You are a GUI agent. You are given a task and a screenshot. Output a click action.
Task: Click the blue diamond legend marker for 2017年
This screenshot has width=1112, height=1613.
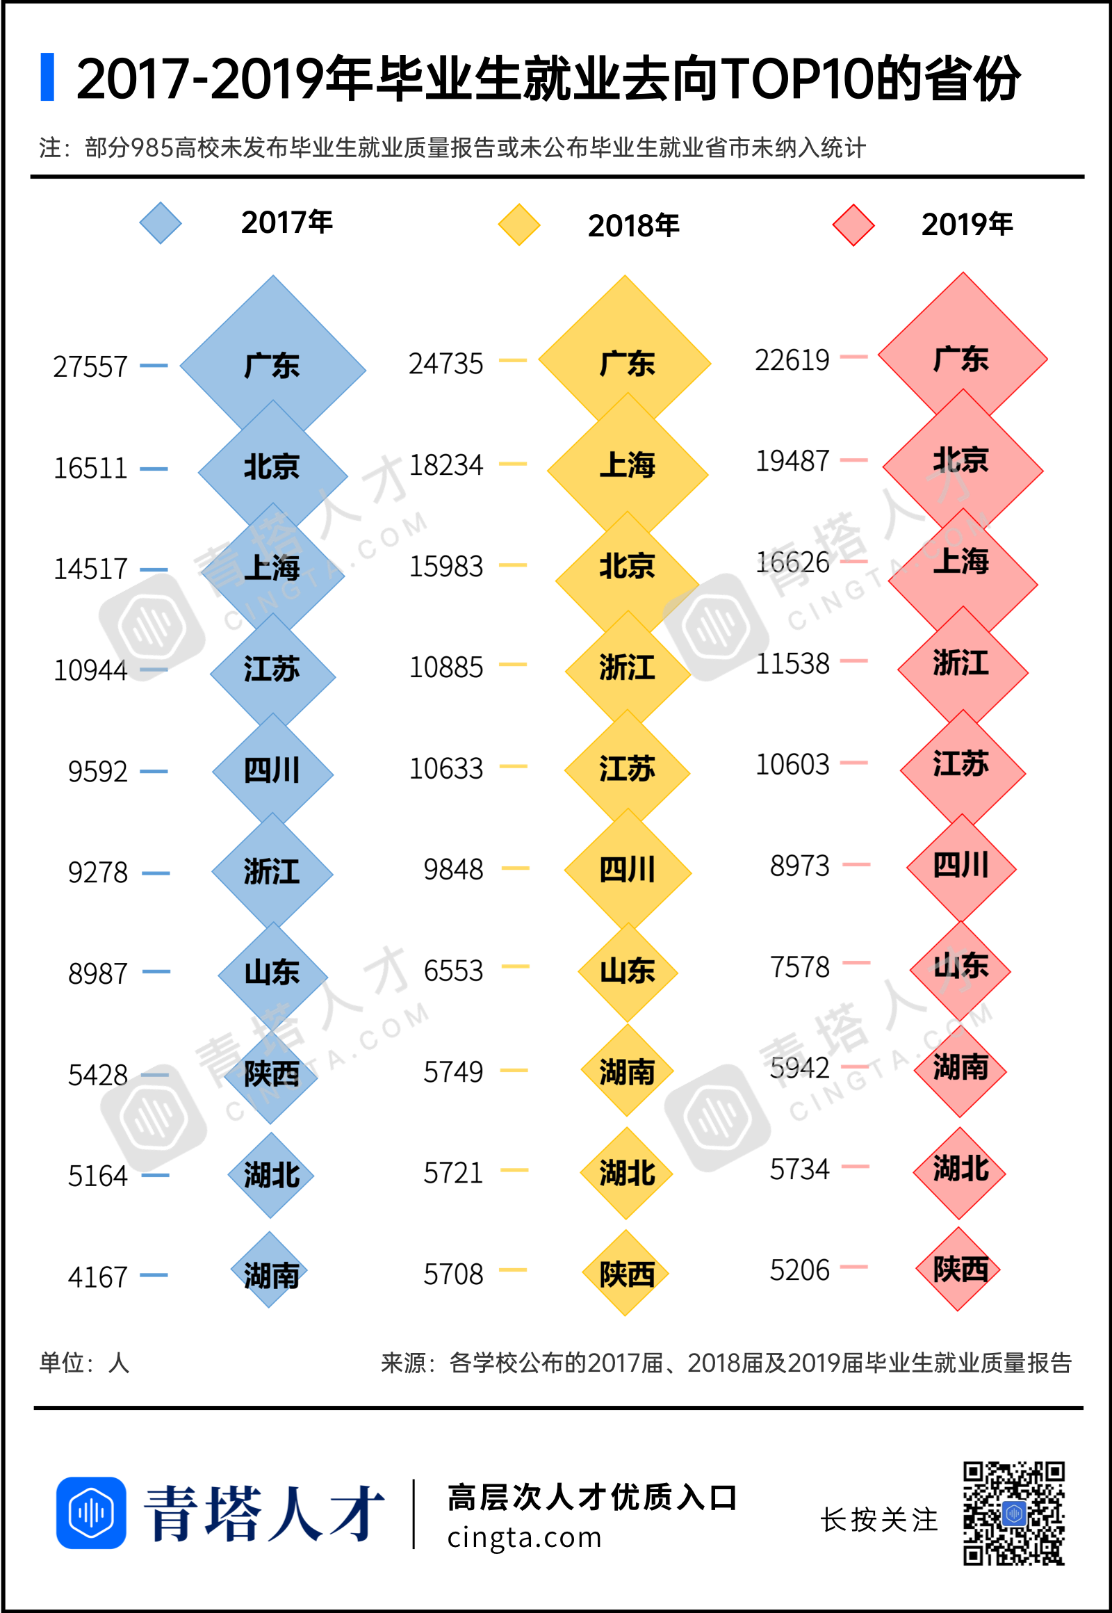161,223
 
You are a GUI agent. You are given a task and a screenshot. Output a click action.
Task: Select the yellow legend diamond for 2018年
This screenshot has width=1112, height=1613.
519,225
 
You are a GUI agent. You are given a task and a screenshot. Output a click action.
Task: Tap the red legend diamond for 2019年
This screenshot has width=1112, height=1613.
853,225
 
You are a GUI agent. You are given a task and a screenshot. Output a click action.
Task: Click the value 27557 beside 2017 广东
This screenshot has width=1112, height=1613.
90,366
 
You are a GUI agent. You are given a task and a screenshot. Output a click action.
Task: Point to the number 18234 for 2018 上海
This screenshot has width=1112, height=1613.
446,465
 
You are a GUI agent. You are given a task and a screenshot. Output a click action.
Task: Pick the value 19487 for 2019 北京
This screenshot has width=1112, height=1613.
792,461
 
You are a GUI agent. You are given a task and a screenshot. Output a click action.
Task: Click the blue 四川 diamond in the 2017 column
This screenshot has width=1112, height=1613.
272,772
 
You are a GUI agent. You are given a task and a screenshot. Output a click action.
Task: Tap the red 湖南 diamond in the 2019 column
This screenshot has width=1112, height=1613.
960,1069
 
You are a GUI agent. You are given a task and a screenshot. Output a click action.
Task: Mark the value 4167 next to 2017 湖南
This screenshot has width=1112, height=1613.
97,1277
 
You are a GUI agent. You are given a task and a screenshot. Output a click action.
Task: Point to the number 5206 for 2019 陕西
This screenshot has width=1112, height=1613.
799,1270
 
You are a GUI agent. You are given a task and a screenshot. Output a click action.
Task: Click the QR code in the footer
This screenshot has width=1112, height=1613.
1014,1514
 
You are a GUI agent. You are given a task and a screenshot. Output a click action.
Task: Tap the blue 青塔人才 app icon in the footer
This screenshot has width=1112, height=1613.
91,1513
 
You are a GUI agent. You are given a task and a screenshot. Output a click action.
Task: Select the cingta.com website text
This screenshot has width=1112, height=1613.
524,1537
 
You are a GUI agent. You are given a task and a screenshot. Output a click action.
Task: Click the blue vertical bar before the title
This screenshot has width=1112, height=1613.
47,76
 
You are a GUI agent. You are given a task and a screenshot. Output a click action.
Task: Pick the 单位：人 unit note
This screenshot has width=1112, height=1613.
84,1362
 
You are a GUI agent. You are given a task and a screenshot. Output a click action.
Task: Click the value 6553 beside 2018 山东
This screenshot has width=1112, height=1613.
453,971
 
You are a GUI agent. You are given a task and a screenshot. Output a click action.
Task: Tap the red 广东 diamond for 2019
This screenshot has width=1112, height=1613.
962,357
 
